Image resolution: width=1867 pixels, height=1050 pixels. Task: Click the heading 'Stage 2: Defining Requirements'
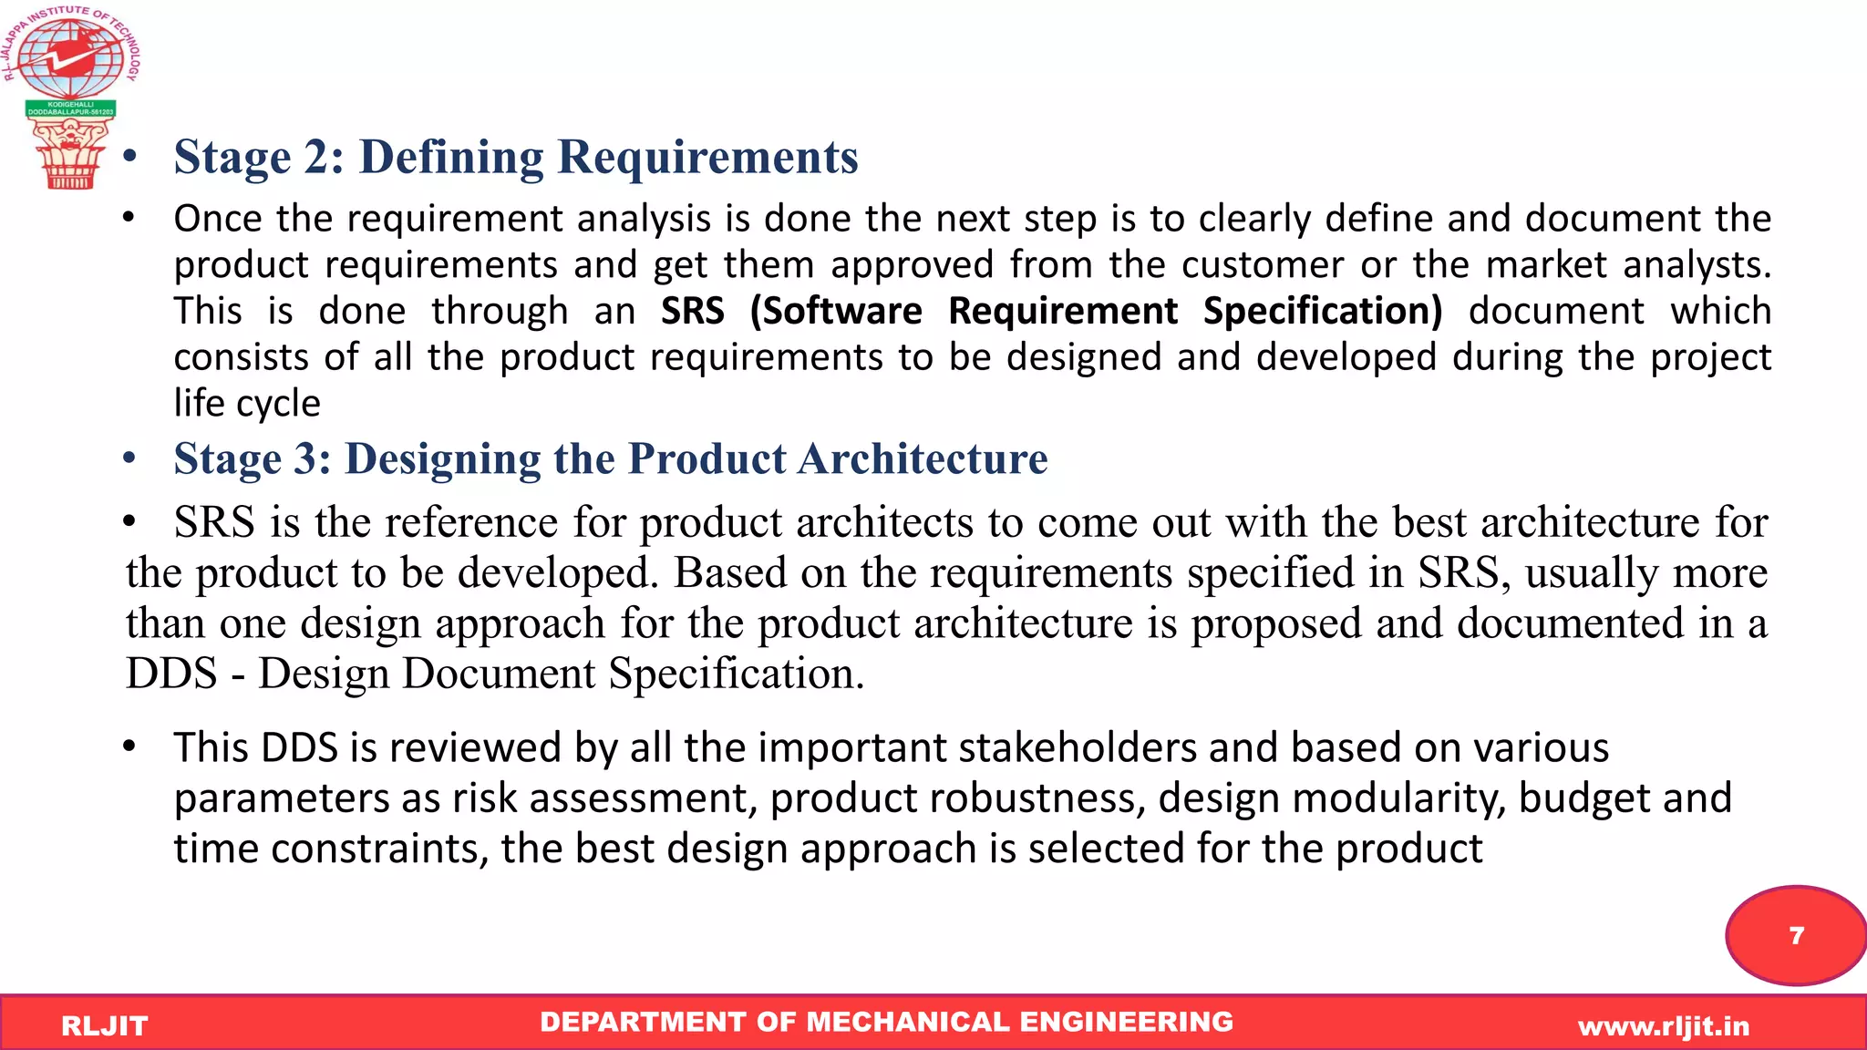tap(516, 157)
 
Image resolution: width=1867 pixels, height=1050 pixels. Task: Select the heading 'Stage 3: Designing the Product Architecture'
tap(611, 458)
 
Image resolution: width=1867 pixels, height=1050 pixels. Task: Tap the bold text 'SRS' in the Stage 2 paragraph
tap(693, 312)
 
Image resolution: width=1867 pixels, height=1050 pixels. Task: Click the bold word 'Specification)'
tap(1323, 312)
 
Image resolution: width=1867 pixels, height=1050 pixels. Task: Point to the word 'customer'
tap(1263, 265)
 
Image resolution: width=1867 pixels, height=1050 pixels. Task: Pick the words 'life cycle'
tap(247, 404)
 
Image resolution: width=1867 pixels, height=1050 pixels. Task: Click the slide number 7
tap(1797, 936)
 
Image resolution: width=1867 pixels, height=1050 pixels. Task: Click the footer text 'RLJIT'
tap(104, 1026)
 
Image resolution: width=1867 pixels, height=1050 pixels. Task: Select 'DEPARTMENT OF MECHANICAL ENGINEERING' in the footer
tap(886, 1023)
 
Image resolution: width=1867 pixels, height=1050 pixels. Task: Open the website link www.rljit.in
tap(1664, 1027)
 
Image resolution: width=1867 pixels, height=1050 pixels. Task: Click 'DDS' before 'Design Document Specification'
tap(171, 674)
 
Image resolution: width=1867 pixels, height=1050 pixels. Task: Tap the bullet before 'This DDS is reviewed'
tap(129, 746)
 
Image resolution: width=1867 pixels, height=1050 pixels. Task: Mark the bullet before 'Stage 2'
tap(130, 157)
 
